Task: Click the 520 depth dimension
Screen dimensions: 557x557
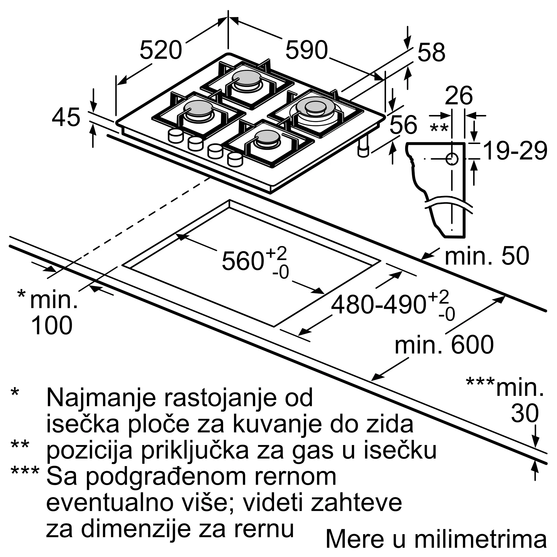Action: (161, 50)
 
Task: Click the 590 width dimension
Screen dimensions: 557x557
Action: (306, 50)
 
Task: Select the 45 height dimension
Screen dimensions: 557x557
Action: (66, 117)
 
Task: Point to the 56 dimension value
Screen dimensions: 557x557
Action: (403, 124)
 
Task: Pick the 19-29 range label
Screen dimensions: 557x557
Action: (515, 151)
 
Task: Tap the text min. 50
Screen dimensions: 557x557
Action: (487, 256)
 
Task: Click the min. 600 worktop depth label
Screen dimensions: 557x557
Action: (444, 345)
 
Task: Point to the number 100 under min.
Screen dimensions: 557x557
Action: (52, 326)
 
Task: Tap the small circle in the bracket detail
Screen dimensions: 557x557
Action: (452, 159)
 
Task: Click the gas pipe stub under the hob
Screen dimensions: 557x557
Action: (363, 148)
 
